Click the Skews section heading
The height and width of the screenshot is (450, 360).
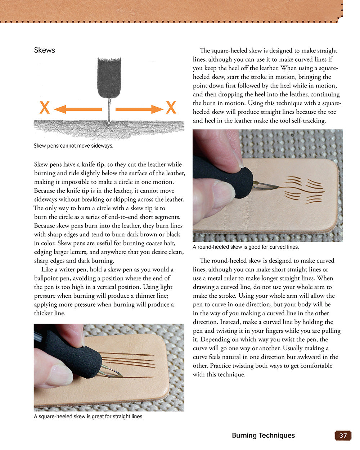click(44, 50)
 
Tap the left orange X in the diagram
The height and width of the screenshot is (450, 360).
click(44, 108)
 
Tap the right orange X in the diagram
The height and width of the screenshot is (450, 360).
click(171, 108)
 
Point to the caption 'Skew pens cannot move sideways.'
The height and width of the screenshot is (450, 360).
click(73, 146)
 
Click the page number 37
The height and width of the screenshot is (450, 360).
click(343, 436)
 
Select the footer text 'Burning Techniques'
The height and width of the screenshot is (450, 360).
click(263, 436)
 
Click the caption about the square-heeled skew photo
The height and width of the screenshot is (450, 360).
click(89, 417)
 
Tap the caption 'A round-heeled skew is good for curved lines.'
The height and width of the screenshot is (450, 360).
click(246, 247)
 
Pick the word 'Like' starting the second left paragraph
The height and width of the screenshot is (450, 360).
click(47, 269)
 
